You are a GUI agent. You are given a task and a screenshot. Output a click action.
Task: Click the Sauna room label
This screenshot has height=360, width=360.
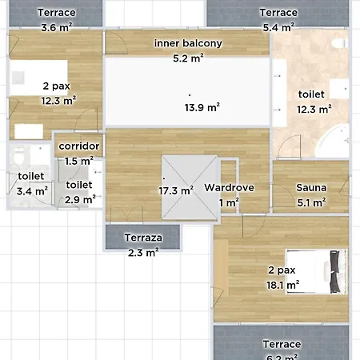(x=311, y=188)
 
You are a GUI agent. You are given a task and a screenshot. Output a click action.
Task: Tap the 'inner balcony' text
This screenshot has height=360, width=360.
(x=188, y=43)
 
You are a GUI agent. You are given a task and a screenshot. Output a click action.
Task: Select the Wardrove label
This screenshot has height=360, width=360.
(x=229, y=188)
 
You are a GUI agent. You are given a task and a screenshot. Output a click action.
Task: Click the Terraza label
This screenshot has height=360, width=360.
(x=143, y=238)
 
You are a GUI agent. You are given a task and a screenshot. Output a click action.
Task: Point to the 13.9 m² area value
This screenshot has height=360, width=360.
(x=202, y=107)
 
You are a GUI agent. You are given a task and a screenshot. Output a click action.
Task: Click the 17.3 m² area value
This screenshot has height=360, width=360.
(x=176, y=190)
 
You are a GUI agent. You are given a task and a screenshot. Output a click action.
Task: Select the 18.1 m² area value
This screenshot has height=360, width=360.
(x=282, y=285)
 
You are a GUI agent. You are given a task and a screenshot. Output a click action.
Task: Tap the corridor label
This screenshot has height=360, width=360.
(x=79, y=146)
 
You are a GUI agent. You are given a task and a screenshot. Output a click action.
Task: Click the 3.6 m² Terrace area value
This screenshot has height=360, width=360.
(x=57, y=27)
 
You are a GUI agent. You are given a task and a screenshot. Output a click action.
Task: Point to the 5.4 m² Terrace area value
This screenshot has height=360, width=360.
(x=278, y=27)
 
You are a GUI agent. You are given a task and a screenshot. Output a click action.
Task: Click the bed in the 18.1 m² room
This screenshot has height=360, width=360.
(x=317, y=272)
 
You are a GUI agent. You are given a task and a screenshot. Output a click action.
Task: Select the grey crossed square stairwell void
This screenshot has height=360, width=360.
(x=190, y=187)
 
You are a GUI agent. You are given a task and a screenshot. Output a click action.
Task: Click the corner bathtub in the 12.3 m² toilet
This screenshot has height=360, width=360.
(x=334, y=142)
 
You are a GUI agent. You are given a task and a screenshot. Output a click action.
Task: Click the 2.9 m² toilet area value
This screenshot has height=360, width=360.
(x=80, y=199)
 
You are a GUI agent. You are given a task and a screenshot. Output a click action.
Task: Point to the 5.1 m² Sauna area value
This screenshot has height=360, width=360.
(x=311, y=202)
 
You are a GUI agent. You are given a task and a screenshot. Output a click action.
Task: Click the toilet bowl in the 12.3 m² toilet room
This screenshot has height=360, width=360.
(x=340, y=43)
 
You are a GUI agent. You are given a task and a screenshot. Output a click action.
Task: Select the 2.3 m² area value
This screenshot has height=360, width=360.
(x=143, y=253)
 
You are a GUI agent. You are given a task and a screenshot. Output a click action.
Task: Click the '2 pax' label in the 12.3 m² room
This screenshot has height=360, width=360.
(x=57, y=86)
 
